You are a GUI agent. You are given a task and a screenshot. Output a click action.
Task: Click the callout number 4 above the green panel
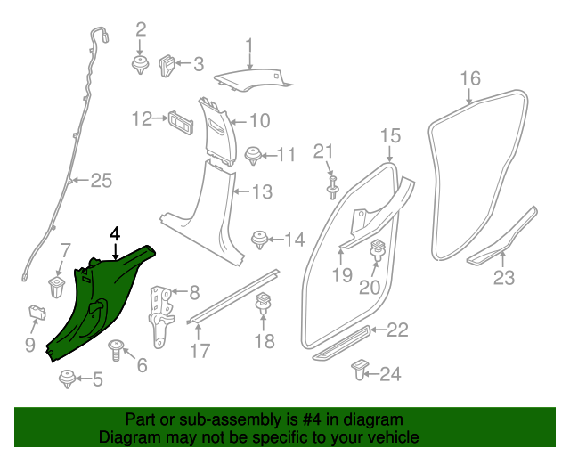tap(114, 233)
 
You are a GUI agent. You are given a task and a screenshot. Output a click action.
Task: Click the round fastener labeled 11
tap(254, 154)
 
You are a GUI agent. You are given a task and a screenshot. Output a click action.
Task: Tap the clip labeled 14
tap(260, 238)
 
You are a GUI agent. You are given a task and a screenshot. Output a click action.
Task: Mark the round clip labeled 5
tap(68, 380)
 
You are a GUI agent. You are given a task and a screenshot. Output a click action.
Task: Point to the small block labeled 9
tap(37, 311)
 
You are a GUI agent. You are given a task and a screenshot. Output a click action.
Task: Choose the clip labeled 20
tap(377, 250)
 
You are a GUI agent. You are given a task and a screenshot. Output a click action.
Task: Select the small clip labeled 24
tap(360, 369)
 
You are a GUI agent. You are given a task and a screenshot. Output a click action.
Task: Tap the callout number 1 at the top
tap(249, 44)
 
